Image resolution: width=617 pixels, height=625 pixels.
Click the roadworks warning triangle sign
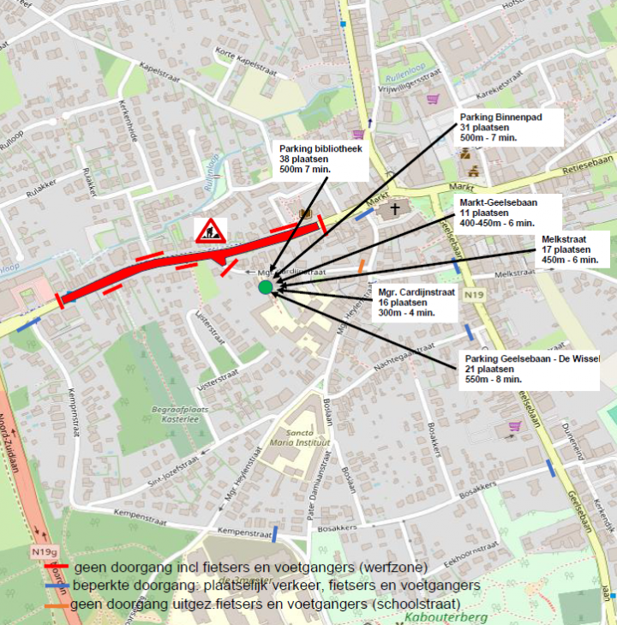[208, 231]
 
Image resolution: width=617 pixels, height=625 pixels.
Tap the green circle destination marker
[266, 287]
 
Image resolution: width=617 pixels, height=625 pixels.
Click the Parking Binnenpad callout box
[508, 127]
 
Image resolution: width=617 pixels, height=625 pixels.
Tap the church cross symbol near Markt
[395, 208]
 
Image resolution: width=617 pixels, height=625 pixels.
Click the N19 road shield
[472, 296]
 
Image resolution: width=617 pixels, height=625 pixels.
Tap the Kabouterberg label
[453, 617]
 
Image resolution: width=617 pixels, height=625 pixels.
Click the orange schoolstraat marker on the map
[362, 267]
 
